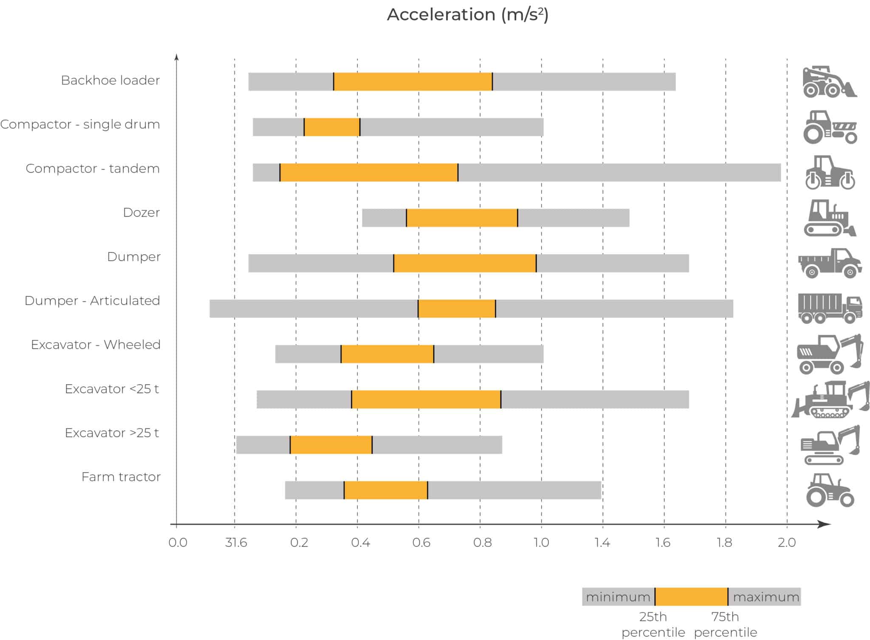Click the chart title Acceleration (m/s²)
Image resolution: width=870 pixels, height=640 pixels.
pos(467,15)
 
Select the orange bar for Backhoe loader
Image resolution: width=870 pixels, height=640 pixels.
pos(412,82)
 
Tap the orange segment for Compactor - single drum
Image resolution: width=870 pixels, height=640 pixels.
pos(332,127)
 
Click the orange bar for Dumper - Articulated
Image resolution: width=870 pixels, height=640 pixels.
pos(457,309)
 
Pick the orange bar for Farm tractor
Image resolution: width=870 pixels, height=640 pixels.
pos(386,490)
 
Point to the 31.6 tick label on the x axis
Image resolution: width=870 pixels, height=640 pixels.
pos(236,543)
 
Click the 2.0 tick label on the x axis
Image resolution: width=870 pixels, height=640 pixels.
pos(786,543)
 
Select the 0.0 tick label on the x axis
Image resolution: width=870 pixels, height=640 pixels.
pos(178,543)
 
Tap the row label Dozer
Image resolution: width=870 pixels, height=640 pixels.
pos(141,212)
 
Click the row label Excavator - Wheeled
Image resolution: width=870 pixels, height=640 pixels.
pos(96,345)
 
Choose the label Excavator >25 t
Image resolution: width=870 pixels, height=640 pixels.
pos(112,433)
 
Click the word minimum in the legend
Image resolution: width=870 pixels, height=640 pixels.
pos(618,597)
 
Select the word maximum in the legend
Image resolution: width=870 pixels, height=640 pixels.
pos(766,597)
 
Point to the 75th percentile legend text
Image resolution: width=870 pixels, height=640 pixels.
pos(725,624)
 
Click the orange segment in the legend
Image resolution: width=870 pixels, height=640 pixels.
pos(691,597)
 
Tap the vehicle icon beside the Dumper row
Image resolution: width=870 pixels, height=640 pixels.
pos(830,263)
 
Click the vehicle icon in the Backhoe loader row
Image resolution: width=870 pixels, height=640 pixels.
pos(829,82)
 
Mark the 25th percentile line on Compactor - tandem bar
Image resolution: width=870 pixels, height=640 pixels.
pos(280,173)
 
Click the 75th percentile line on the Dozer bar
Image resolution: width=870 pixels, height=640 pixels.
pos(517,218)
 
